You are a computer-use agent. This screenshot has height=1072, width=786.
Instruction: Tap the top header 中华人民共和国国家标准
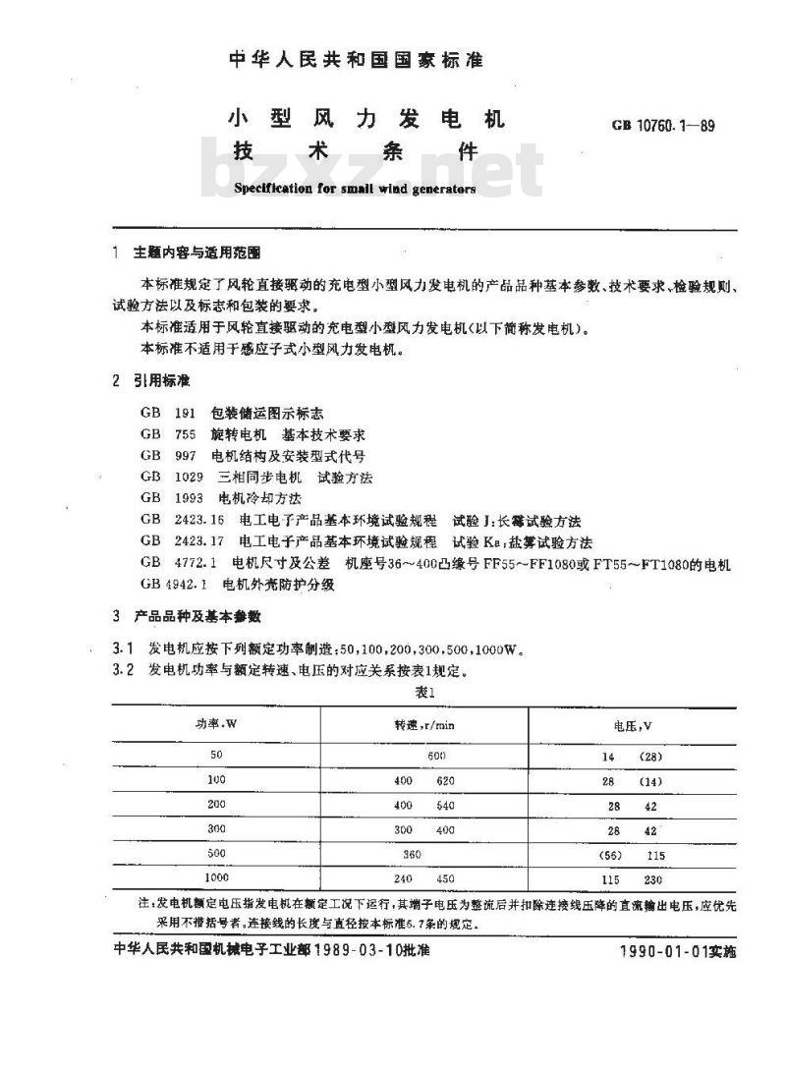tap(357, 61)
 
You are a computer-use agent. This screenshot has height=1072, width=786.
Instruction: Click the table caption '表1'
tap(424, 692)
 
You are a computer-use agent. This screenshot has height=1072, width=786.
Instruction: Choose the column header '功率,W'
tap(217, 724)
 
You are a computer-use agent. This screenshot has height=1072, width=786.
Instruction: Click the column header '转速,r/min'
tap(424, 724)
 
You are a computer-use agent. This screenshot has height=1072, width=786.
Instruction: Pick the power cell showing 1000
tap(216, 878)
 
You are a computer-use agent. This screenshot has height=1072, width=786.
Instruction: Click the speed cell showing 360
tap(412, 854)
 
